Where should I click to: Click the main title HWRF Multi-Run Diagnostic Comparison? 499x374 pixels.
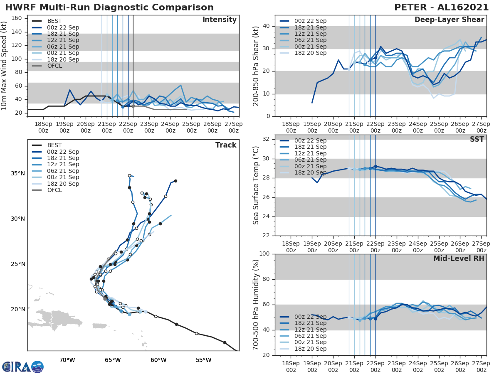[109, 7]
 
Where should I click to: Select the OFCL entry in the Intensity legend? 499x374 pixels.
[54, 66]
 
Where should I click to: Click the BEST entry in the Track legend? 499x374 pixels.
[54, 145]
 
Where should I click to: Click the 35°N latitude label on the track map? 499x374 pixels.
[17, 173]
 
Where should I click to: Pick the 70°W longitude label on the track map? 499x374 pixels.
[67, 360]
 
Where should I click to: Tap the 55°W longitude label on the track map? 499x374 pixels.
[203, 360]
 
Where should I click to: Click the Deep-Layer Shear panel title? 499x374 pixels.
[449, 20]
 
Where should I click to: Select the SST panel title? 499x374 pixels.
[477, 139]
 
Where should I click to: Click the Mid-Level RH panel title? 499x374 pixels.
[459, 258]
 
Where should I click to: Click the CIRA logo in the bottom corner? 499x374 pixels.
[23, 367]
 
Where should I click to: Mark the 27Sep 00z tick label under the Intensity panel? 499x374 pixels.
[234, 127]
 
